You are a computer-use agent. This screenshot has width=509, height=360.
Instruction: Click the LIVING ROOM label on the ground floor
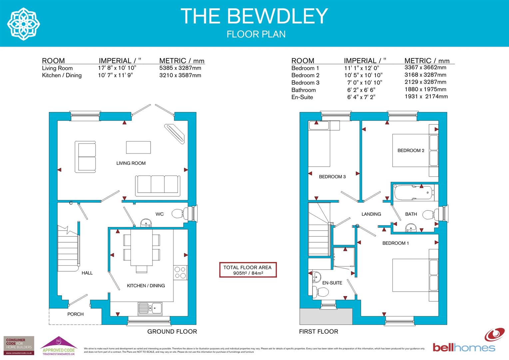(131, 163)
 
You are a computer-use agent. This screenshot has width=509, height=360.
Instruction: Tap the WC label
(160, 214)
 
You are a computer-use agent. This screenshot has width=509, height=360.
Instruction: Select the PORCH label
(75, 314)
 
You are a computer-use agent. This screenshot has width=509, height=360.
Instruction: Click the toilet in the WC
(179, 213)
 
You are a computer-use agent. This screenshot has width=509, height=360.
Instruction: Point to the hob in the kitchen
(180, 272)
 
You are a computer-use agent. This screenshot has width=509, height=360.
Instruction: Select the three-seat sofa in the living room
(158, 185)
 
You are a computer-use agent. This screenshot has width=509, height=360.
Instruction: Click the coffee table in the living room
(138, 147)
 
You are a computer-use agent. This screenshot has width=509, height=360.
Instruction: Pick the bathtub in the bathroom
(413, 193)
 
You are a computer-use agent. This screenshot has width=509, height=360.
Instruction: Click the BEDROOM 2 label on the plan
(411, 150)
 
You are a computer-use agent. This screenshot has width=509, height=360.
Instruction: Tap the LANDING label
(371, 214)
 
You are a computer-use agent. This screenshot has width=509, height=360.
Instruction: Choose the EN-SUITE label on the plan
(332, 283)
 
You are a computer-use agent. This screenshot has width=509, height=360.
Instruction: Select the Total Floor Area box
(248, 270)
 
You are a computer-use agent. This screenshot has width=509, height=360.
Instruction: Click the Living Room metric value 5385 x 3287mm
(180, 68)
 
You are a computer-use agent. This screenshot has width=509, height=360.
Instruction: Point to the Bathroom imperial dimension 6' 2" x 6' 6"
(361, 90)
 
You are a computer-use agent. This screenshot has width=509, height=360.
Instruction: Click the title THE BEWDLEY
(254, 16)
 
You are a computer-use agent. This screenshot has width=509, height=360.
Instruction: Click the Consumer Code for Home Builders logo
(19, 345)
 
